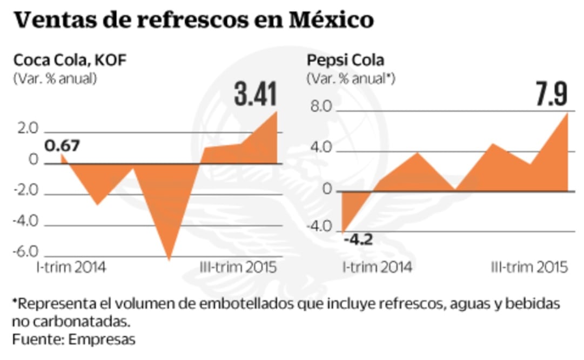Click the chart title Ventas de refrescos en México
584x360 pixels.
pyautogui.click(x=193, y=21)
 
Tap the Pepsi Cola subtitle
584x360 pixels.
pyautogui.click(x=346, y=60)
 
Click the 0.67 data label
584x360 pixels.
pyautogui.click(x=62, y=146)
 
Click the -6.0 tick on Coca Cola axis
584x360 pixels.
pyautogui.click(x=25, y=252)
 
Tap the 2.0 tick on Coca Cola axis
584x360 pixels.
pyautogui.click(x=27, y=130)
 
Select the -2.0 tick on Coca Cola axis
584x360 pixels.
pyautogui.click(x=25, y=191)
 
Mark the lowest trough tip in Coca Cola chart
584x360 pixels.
pyautogui.click(x=169, y=260)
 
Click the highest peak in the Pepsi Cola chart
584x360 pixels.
pyautogui.click(x=567, y=113)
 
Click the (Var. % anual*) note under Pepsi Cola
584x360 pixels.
pyautogui.click(x=351, y=78)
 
